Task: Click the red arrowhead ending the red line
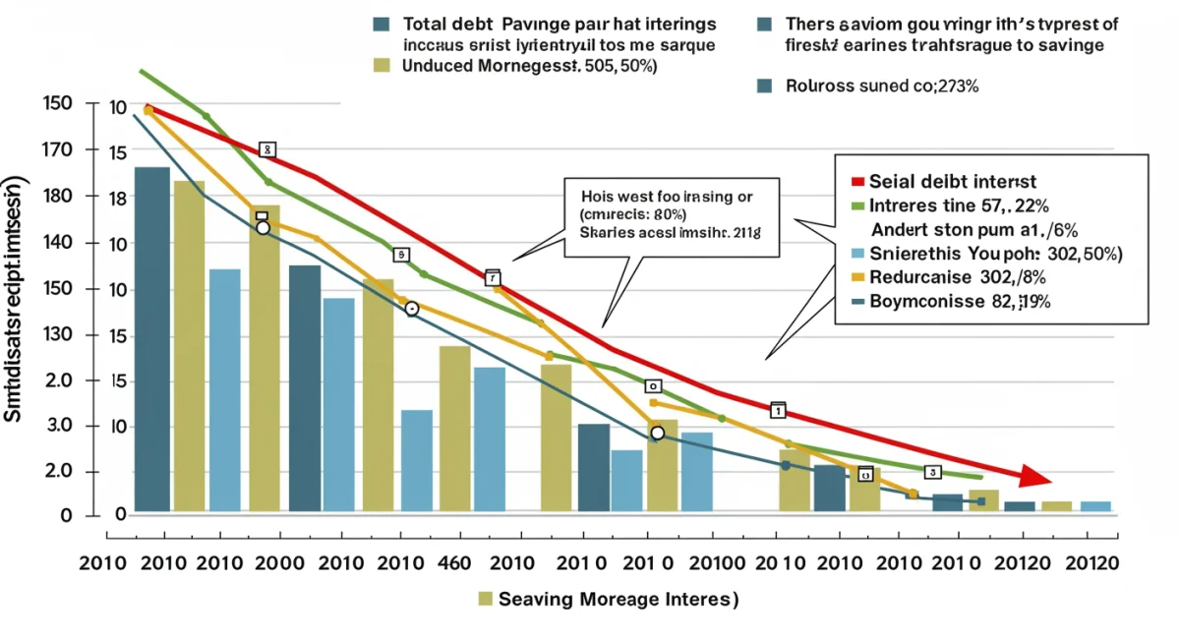pos(1034,477)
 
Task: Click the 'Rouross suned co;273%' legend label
pos(881,86)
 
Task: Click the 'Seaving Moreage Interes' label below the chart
pos(618,598)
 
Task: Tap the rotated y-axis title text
pos(16,300)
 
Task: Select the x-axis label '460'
pos(427,564)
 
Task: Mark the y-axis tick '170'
pos(58,150)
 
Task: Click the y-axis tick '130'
pos(58,335)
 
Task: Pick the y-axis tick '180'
pos(58,197)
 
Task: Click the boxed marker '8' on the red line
pos(267,149)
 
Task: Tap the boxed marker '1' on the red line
pos(778,409)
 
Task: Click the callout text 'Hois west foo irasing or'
pos(666,197)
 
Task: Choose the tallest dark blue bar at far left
pos(152,339)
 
